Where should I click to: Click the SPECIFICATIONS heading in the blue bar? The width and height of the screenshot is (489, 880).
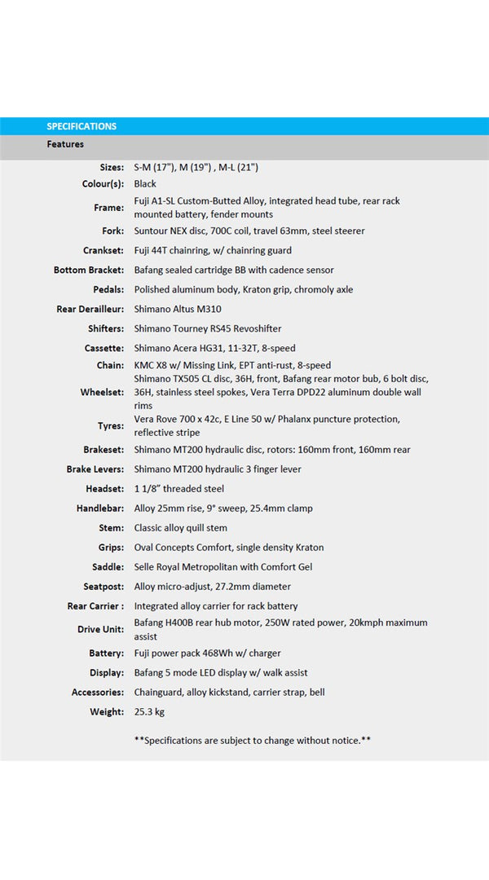coord(81,126)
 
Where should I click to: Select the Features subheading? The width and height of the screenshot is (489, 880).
coord(65,144)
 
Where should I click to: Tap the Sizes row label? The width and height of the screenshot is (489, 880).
coord(112,167)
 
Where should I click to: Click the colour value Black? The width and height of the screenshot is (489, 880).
coord(145,184)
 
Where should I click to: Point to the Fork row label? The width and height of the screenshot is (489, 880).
coord(112,231)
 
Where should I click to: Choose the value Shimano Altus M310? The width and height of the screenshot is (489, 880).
coord(178,310)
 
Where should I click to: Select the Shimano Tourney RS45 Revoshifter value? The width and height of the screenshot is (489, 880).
coord(208,329)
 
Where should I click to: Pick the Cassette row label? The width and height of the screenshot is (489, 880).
coord(104,349)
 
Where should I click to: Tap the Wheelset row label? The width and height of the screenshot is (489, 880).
coord(102,393)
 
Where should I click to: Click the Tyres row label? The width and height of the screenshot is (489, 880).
coord(109,426)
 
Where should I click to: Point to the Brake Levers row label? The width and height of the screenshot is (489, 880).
coord(95,469)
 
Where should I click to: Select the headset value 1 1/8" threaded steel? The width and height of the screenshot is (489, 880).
coord(179,489)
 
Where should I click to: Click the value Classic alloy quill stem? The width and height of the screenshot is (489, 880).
coord(181,528)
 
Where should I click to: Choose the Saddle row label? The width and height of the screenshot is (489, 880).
coord(108,567)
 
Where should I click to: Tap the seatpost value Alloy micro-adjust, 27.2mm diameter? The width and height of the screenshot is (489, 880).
coord(213,587)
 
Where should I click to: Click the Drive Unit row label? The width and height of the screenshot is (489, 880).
coord(101,630)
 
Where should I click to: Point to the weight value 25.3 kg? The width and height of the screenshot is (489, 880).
coord(149,712)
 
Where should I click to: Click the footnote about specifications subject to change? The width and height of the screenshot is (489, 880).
coord(253,740)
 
